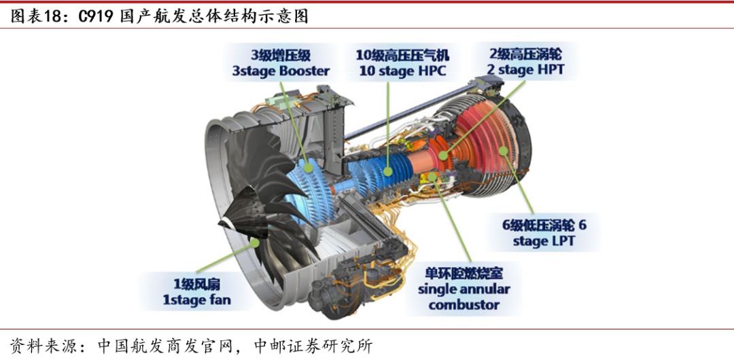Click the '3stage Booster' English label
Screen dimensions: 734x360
281,71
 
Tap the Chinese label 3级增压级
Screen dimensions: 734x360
281,54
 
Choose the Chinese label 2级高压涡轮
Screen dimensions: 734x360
525,53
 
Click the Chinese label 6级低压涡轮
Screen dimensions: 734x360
538,225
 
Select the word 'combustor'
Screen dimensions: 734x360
464,305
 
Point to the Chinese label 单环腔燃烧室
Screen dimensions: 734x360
464,273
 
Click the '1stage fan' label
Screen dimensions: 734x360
196,300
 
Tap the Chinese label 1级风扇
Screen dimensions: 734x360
196,283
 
